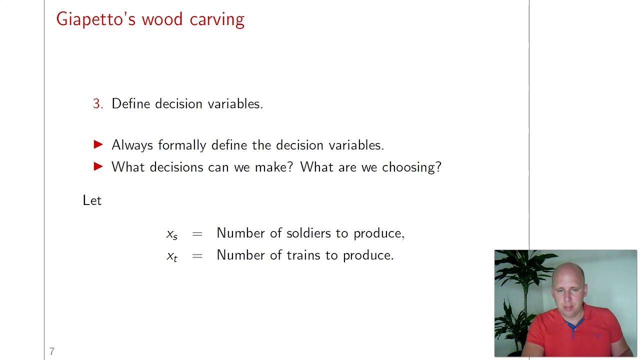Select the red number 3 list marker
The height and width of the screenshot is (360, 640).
[x=97, y=104]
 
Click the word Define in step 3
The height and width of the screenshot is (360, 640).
[x=131, y=103]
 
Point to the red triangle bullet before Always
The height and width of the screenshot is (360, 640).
[x=98, y=144]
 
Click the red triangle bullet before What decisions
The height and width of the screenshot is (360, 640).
[x=98, y=166]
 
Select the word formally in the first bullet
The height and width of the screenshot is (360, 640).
[x=182, y=145]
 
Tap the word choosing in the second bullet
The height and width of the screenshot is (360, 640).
[x=411, y=167]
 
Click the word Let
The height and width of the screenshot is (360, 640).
[x=92, y=200]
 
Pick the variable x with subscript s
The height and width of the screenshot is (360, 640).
[x=172, y=234]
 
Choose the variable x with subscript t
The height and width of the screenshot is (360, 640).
[x=172, y=256]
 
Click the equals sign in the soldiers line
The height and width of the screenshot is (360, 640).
[x=197, y=233]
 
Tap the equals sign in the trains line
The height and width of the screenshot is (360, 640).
[x=197, y=255]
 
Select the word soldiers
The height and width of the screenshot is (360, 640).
[x=308, y=233]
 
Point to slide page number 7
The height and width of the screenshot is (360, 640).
[x=51, y=351]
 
